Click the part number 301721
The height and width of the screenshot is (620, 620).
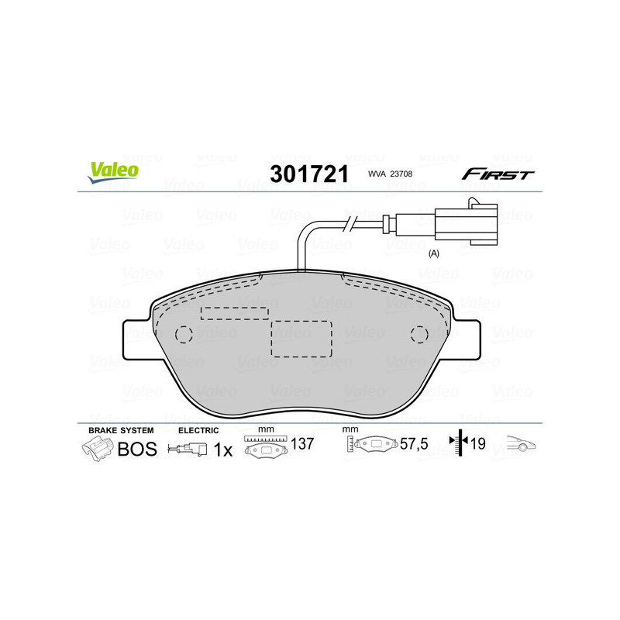[308, 174]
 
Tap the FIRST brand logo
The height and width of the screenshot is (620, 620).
[497, 174]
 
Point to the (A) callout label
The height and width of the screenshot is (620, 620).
[434, 253]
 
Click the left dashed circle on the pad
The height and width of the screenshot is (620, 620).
[184, 334]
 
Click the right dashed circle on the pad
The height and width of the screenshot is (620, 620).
[418, 334]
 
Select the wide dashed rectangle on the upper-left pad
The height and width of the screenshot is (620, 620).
[235, 312]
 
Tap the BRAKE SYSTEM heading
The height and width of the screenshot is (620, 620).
[121, 430]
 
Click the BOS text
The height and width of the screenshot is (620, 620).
[136, 449]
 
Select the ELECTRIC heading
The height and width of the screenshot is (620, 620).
[198, 430]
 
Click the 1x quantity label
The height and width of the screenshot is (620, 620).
[223, 449]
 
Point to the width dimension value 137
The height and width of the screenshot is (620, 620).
[303, 445]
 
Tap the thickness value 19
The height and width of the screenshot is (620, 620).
[477, 445]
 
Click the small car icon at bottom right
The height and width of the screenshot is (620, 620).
[521, 444]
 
